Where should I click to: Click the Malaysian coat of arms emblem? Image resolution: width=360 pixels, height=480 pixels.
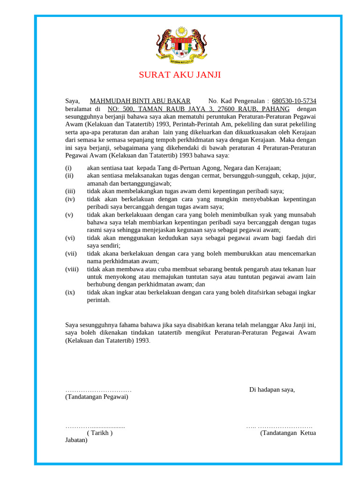click(x=180, y=45)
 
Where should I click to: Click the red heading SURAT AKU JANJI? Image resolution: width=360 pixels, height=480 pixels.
click(x=180, y=75)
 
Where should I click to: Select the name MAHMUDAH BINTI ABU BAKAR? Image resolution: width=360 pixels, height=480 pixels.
click(x=140, y=101)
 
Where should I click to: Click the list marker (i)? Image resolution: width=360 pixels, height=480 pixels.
click(x=68, y=168)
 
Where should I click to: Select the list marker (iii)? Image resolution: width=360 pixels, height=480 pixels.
click(x=70, y=191)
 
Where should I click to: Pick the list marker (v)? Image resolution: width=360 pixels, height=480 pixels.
click(x=69, y=215)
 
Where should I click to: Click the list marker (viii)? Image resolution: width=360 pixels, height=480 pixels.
click(x=72, y=269)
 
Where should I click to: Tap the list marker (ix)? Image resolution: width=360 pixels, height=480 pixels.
click(x=70, y=292)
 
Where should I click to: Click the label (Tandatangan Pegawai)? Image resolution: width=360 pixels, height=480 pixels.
click(x=97, y=397)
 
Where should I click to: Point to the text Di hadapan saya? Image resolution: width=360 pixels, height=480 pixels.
click(x=272, y=390)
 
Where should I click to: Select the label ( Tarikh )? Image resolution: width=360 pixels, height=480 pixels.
click(x=99, y=433)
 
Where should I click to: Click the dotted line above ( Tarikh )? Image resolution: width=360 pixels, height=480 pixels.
click(x=95, y=427)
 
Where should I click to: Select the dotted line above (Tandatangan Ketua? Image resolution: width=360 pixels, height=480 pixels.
click(x=279, y=427)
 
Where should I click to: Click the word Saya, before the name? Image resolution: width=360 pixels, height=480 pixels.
click(x=73, y=101)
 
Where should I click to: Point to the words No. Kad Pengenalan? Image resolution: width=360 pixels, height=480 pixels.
click(x=237, y=101)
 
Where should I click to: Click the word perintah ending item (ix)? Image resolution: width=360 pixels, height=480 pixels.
click(x=98, y=300)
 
